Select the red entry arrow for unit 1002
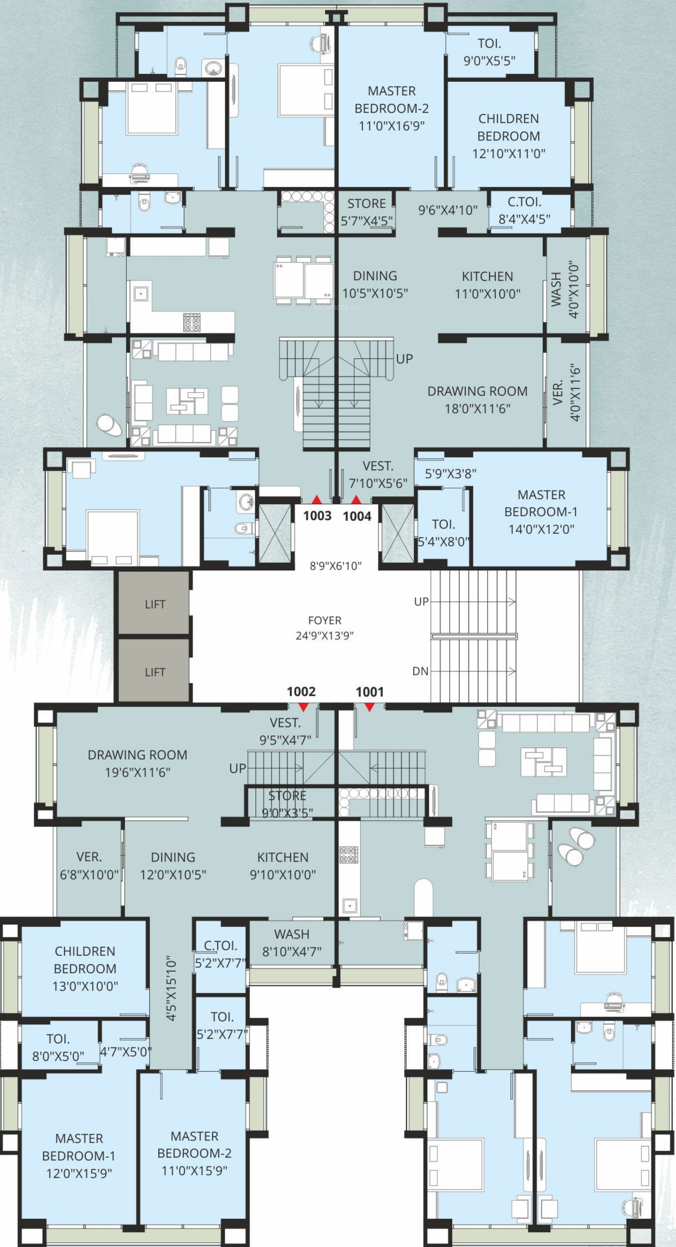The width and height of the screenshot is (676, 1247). (303, 707)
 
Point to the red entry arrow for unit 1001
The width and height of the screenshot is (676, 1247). (369, 707)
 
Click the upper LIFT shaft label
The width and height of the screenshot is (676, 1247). (155, 604)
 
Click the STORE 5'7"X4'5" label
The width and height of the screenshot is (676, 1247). (367, 212)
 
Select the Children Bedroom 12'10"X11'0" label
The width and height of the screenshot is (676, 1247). (509, 136)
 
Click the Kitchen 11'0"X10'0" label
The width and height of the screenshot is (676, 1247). (487, 285)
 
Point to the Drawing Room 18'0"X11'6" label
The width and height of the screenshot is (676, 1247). (477, 399)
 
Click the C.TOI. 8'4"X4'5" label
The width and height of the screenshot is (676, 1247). (525, 210)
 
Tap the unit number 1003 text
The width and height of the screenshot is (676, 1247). (317, 516)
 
